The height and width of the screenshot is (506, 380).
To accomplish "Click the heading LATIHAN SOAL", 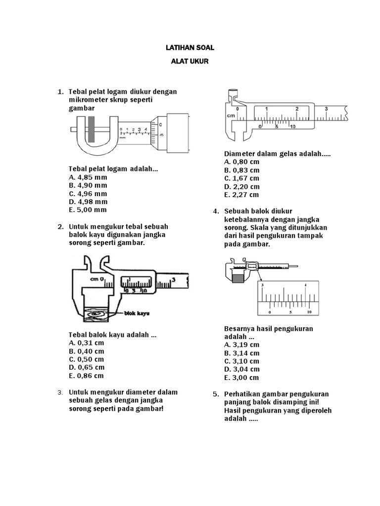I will [190, 48].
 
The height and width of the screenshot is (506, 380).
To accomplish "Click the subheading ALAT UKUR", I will [190, 63].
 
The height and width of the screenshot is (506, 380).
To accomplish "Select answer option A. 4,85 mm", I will [88, 177].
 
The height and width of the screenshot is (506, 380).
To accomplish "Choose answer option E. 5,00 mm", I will [88, 210].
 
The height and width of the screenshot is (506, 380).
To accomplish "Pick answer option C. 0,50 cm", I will [87, 359].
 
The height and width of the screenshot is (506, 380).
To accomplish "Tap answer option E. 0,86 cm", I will [87, 376].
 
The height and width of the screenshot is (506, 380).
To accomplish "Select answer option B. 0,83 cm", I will [241, 170].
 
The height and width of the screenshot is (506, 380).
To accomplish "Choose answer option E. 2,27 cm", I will [241, 195].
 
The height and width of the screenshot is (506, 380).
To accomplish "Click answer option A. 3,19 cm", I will [241, 345].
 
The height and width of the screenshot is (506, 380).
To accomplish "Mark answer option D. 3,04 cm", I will [241, 369].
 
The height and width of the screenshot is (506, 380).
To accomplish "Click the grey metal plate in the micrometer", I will [91, 129].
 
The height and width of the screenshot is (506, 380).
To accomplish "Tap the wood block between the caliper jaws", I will [97, 312].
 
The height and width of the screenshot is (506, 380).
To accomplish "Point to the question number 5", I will [215, 394].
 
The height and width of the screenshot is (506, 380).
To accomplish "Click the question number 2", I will [60, 227].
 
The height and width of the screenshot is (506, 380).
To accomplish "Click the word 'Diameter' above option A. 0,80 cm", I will [239, 154].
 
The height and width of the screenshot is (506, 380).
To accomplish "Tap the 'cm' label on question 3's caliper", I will [231, 115].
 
